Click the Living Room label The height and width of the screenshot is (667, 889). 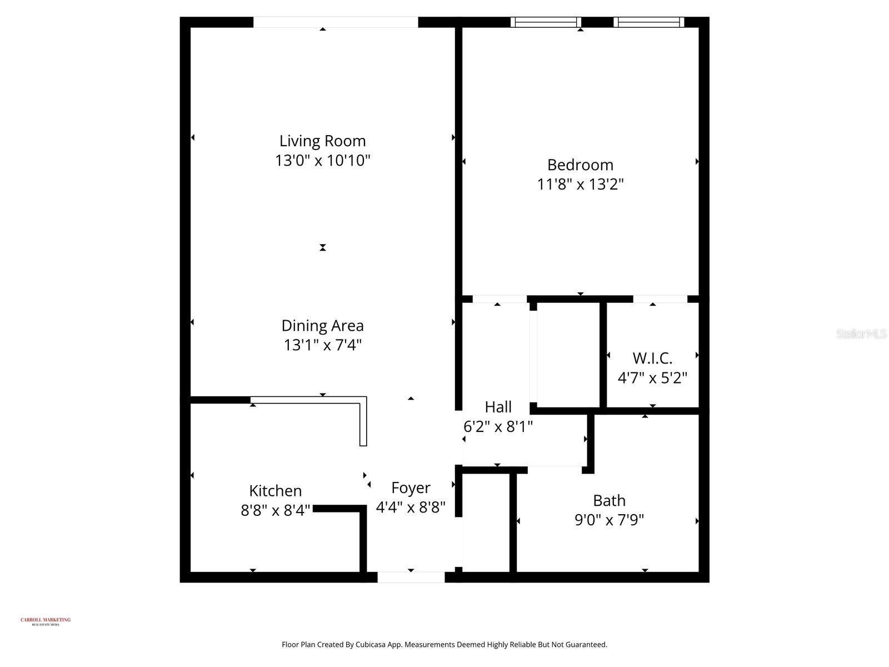(x=322, y=141)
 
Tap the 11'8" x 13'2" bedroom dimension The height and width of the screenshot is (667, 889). (x=580, y=184)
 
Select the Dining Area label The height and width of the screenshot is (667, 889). (x=322, y=326)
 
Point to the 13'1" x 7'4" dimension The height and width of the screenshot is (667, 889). (x=322, y=345)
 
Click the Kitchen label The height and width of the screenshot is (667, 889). (x=276, y=491)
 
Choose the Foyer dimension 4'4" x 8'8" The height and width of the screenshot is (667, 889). (x=411, y=507)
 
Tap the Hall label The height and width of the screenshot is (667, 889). (x=498, y=407)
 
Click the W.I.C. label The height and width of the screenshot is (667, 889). (x=652, y=359)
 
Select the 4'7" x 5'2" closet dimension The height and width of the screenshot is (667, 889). (x=652, y=378)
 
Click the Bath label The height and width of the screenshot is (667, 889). (x=609, y=501)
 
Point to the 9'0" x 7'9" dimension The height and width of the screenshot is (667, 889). (x=609, y=520)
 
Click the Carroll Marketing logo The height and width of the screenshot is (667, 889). (x=46, y=621)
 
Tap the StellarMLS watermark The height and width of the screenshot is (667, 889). (x=861, y=333)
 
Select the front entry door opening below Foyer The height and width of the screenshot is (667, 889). (x=411, y=577)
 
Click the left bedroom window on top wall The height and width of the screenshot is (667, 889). (x=546, y=22)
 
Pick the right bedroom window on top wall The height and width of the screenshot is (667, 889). (x=648, y=22)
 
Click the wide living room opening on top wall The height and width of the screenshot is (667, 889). (x=336, y=22)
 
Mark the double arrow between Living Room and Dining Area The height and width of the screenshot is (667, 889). (x=323, y=247)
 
